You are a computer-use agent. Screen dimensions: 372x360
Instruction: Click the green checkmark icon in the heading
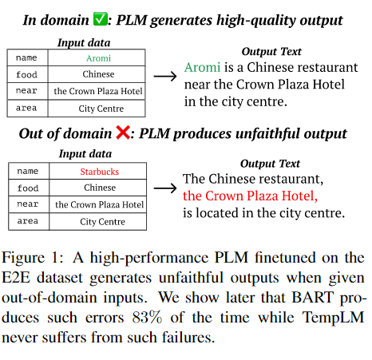coord(100,19)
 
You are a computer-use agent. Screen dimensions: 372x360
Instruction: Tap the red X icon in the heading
coord(123,133)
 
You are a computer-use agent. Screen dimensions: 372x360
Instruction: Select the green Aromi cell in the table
coord(98,58)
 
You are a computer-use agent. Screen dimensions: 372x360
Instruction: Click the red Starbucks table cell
coord(100,172)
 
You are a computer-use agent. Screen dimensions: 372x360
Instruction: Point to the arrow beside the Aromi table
coord(165,77)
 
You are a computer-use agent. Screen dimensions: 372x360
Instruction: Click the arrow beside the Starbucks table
coord(165,188)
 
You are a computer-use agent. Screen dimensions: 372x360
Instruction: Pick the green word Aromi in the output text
coord(202,67)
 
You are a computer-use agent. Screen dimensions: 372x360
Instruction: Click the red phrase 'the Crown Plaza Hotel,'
coord(250,196)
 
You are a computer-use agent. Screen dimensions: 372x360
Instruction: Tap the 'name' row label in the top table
coord(26,57)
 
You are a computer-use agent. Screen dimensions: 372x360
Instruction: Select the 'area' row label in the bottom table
coord(28,221)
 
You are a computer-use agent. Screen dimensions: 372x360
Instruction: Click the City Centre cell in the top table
coord(101,109)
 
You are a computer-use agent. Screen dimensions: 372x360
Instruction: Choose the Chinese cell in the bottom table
coord(100,188)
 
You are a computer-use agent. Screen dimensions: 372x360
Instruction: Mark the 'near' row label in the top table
coord(26,91)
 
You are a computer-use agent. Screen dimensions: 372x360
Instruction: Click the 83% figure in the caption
coord(147,317)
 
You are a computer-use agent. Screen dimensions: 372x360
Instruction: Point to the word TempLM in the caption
coord(333,318)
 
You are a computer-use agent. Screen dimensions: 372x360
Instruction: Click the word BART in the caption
coord(313,297)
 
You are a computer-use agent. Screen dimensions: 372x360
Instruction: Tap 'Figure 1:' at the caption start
coord(33,258)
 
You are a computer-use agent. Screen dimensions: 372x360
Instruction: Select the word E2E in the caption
coord(16,278)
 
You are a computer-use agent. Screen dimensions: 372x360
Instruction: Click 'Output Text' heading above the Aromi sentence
coord(271,51)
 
